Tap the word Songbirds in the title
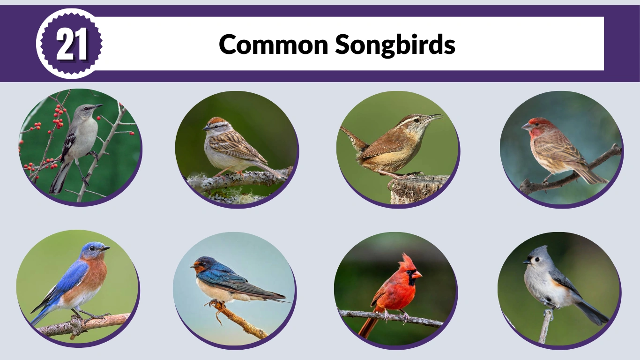click(395, 45)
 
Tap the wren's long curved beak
click(434, 117)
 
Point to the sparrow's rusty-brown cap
click(216, 120)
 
